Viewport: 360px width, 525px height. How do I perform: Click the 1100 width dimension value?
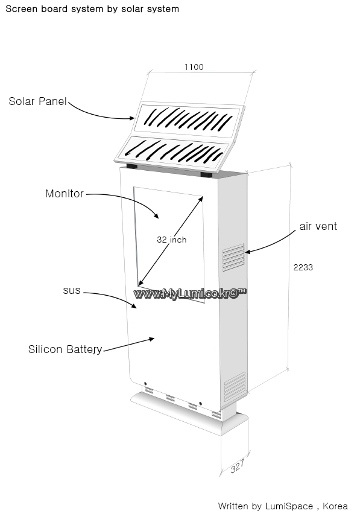click(194, 68)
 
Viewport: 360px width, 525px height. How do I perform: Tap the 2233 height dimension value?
click(303, 267)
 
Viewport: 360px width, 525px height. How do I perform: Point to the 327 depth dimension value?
click(238, 466)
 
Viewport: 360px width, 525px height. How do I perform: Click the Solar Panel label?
click(38, 101)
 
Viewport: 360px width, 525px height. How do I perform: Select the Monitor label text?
click(65, 194)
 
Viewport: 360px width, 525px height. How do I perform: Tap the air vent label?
click(318, 226)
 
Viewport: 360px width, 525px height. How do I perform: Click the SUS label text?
click(72, 290)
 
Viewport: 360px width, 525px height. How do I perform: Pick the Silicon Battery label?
click(65, 349)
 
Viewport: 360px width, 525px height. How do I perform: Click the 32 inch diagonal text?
click(172, 240)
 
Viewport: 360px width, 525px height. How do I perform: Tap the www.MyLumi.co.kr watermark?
click(190, 294)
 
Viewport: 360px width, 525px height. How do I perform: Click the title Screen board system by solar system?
click(92, 9)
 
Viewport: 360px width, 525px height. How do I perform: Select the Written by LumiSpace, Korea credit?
click(283, 506)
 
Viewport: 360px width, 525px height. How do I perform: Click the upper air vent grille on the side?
click(233, 257)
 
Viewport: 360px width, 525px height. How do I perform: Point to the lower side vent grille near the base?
click(235, 386)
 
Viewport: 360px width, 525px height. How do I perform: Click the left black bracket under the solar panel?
click(132, 166)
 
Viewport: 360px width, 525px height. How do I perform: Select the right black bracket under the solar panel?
click(206, 174)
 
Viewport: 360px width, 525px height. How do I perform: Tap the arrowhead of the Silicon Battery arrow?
click(151, 340)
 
